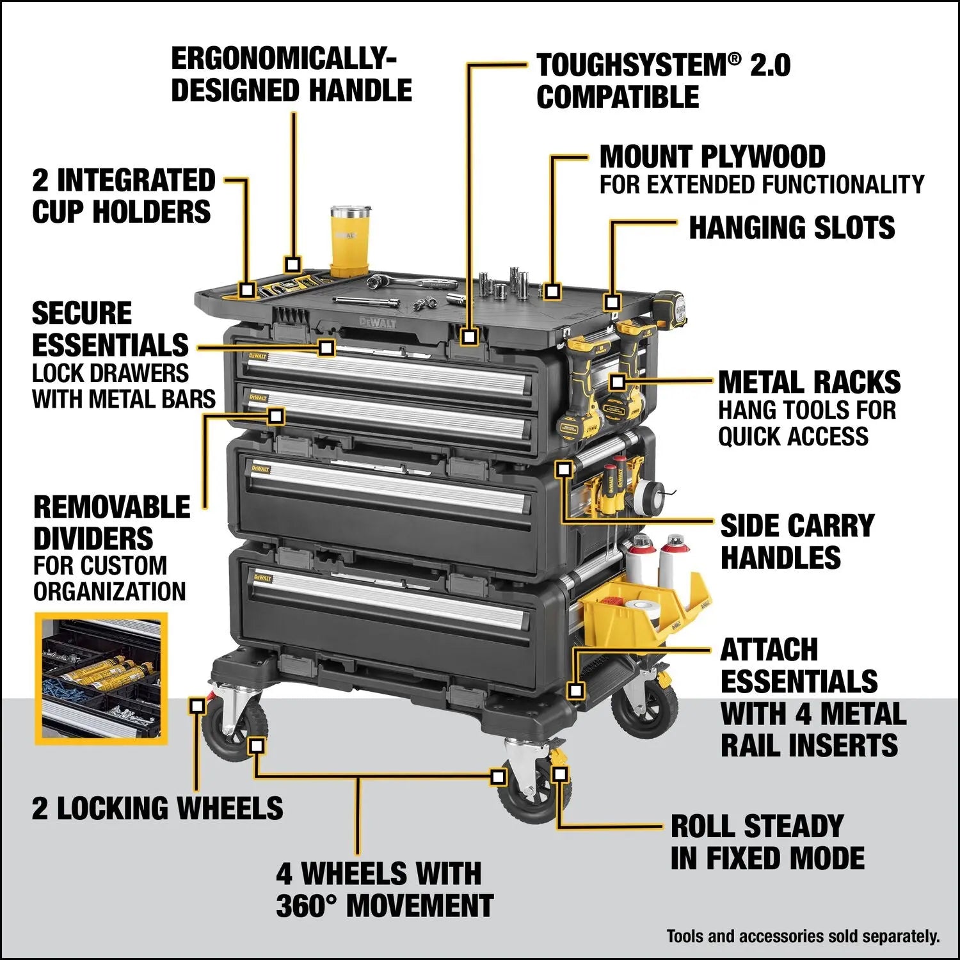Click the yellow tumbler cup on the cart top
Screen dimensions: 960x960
pyautogui.click(x=350, y=241)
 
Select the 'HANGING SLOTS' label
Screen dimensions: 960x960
pyautogui.click(x=791, y=228)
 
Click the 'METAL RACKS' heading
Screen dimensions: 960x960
pyautogui.click(x=809, y=383)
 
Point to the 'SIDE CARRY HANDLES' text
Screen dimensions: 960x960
pyautogui.click(x=796, y=541)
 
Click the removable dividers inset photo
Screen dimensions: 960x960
pyautogui.click(x=101, y=678)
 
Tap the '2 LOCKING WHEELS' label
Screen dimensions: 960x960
pyautogui.click(x=157, y=808)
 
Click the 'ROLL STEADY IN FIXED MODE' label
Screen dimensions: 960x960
pyautogui.click(x=767, y=842)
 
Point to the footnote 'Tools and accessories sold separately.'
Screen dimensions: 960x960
pyautogui.click(x=803, y=937)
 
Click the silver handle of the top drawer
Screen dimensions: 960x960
pyautogui.click(x=384, y=368)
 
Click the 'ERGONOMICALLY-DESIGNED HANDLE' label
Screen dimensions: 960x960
pyautogui.click(x=291, y=75)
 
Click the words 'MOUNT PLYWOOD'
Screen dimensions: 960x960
pyautogui.click(x=712, y=157)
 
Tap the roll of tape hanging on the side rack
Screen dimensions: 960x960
pyautogui.click(x=646, y=494)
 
